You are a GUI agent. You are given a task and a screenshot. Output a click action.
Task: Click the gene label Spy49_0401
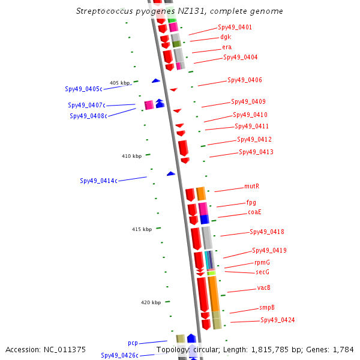235,28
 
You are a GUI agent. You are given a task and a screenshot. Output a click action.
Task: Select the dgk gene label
225,37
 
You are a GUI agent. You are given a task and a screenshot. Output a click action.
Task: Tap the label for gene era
226,47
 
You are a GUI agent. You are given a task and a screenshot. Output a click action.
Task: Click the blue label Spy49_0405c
83,89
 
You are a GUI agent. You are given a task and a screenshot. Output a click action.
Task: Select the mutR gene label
251,187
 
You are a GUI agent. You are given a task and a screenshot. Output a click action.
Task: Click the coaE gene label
254,212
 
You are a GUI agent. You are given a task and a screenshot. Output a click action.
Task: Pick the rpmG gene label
262,263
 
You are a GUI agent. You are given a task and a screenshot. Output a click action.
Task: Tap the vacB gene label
263,288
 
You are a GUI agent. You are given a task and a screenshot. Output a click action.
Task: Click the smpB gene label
267,308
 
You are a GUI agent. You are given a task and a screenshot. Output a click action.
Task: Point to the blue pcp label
133,343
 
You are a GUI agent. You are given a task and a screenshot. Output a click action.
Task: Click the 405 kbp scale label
119,83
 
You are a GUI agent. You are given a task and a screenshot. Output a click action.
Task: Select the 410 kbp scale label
131,156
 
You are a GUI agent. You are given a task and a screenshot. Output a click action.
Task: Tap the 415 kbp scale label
142,230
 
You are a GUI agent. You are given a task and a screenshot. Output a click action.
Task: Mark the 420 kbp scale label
151,303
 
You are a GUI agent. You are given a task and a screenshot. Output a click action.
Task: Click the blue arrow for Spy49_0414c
171,173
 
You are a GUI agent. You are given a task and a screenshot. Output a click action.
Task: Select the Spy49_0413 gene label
256,152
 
